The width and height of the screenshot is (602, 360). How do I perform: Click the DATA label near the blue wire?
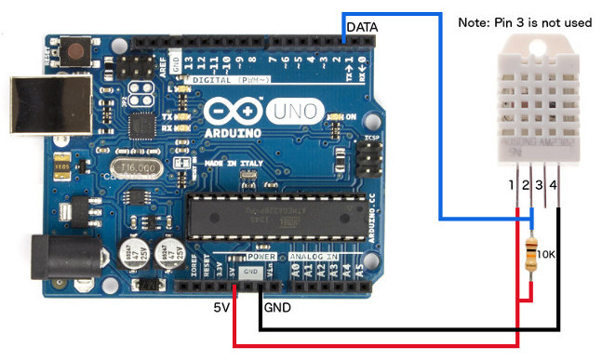(x=362, y=29)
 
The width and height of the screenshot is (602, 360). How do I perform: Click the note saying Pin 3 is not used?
(x=525, y=22)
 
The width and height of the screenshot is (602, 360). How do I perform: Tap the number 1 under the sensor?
(x=511, y=187)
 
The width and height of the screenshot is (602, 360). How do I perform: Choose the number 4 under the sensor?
(x=554, y=187)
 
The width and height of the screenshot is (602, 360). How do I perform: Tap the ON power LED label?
(x=351, y=116)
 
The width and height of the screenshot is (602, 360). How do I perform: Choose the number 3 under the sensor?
(x=540, y=187)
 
